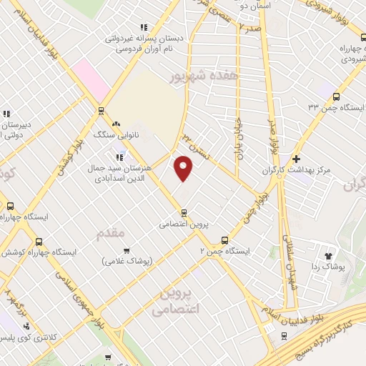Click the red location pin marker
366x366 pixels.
[184, 169]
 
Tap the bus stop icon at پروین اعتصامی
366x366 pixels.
[184, 212]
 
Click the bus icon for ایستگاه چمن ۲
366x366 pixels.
[225, 240]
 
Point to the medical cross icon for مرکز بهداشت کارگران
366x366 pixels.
[296, 159]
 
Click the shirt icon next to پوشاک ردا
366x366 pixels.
[330, 254]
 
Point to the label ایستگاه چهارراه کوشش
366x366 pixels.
[32, 252]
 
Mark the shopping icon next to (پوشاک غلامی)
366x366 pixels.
[127, 250]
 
